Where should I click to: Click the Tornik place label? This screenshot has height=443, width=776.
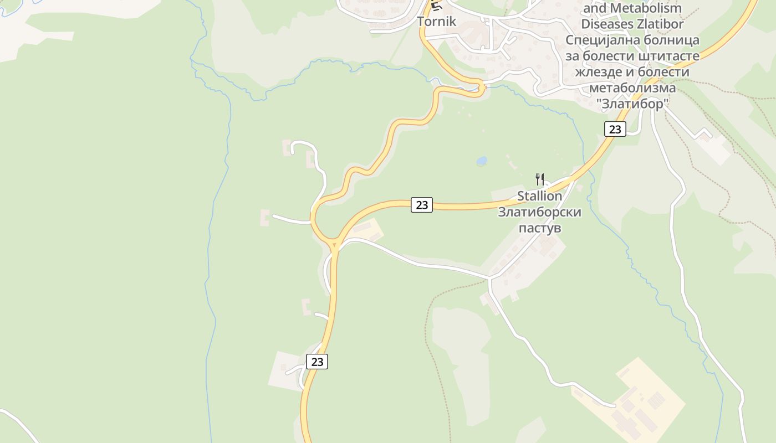(436, 22)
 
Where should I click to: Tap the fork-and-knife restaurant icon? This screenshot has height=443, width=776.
(540, 179)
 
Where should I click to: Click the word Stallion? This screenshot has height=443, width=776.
(539, 196)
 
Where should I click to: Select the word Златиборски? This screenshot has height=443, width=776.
(539, 212)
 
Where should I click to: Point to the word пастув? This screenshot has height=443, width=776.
(539, 228)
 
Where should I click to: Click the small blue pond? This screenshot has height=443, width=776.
(481, 161)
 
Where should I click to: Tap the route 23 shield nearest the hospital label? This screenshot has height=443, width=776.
(615, 129)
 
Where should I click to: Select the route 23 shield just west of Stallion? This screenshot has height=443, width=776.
(422, 205)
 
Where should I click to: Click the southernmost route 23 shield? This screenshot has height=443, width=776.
(317, 362)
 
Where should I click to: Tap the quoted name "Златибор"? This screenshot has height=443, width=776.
(632, 104)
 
